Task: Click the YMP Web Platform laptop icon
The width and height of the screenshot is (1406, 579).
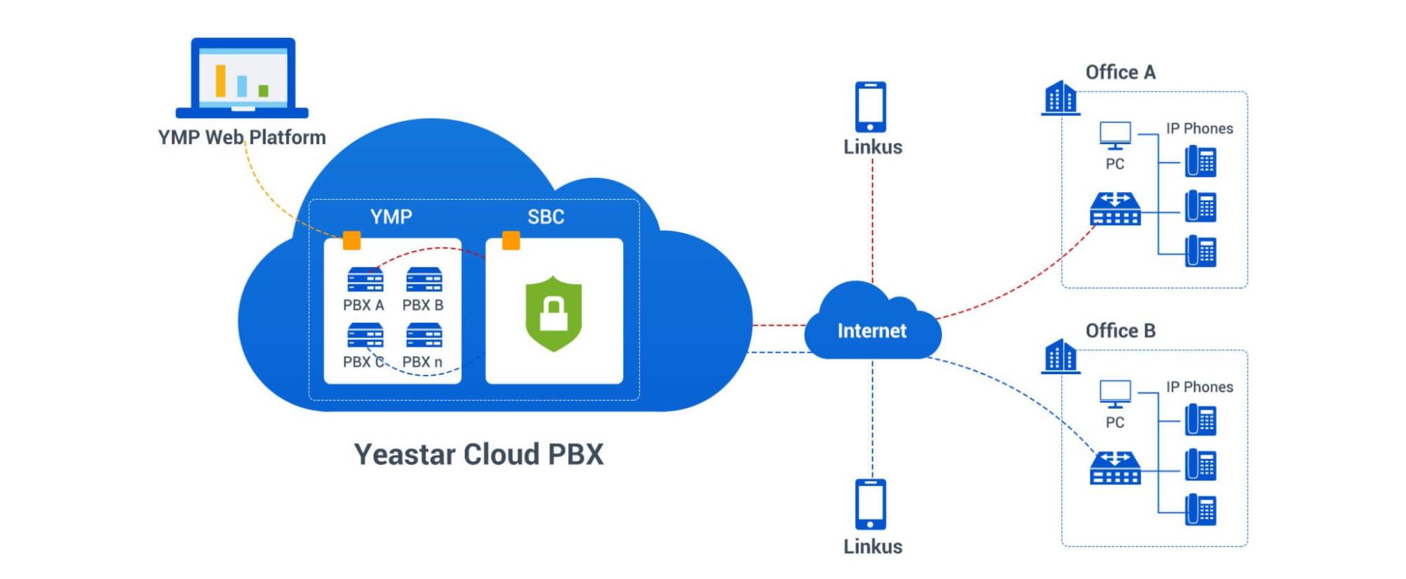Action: coord(242,77)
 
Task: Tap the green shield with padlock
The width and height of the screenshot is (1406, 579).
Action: coord(554,313)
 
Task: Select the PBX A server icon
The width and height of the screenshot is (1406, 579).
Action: coord(365,280)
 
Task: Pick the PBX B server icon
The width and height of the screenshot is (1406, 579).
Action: coord(423,280)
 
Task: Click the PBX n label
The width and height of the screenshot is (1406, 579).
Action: coord(422,362)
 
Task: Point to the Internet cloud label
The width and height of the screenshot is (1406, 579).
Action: coord(871,331)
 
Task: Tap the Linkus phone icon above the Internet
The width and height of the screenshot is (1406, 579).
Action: coord(870,107)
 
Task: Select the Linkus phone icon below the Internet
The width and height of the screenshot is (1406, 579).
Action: coord(870,504)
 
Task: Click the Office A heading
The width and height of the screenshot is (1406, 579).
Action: coord(1120,72)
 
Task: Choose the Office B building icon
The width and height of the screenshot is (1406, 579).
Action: coord(1060,357)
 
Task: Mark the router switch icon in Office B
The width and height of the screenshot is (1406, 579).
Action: coord(1115,469)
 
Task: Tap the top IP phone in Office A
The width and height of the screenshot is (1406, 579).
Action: coord(1201,161)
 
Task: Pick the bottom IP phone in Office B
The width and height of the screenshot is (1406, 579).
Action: coord(1201,509)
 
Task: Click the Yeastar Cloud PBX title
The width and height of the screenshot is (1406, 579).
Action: coord(478,454)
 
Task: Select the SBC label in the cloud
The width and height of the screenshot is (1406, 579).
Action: coord(546,217)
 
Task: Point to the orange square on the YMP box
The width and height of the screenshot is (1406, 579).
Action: coord(352,241)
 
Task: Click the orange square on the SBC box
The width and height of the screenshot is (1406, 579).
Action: coord(511,241)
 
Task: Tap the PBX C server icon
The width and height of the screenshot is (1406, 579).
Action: coord(365,336)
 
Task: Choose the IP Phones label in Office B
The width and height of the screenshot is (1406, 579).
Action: coord(1199,387)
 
